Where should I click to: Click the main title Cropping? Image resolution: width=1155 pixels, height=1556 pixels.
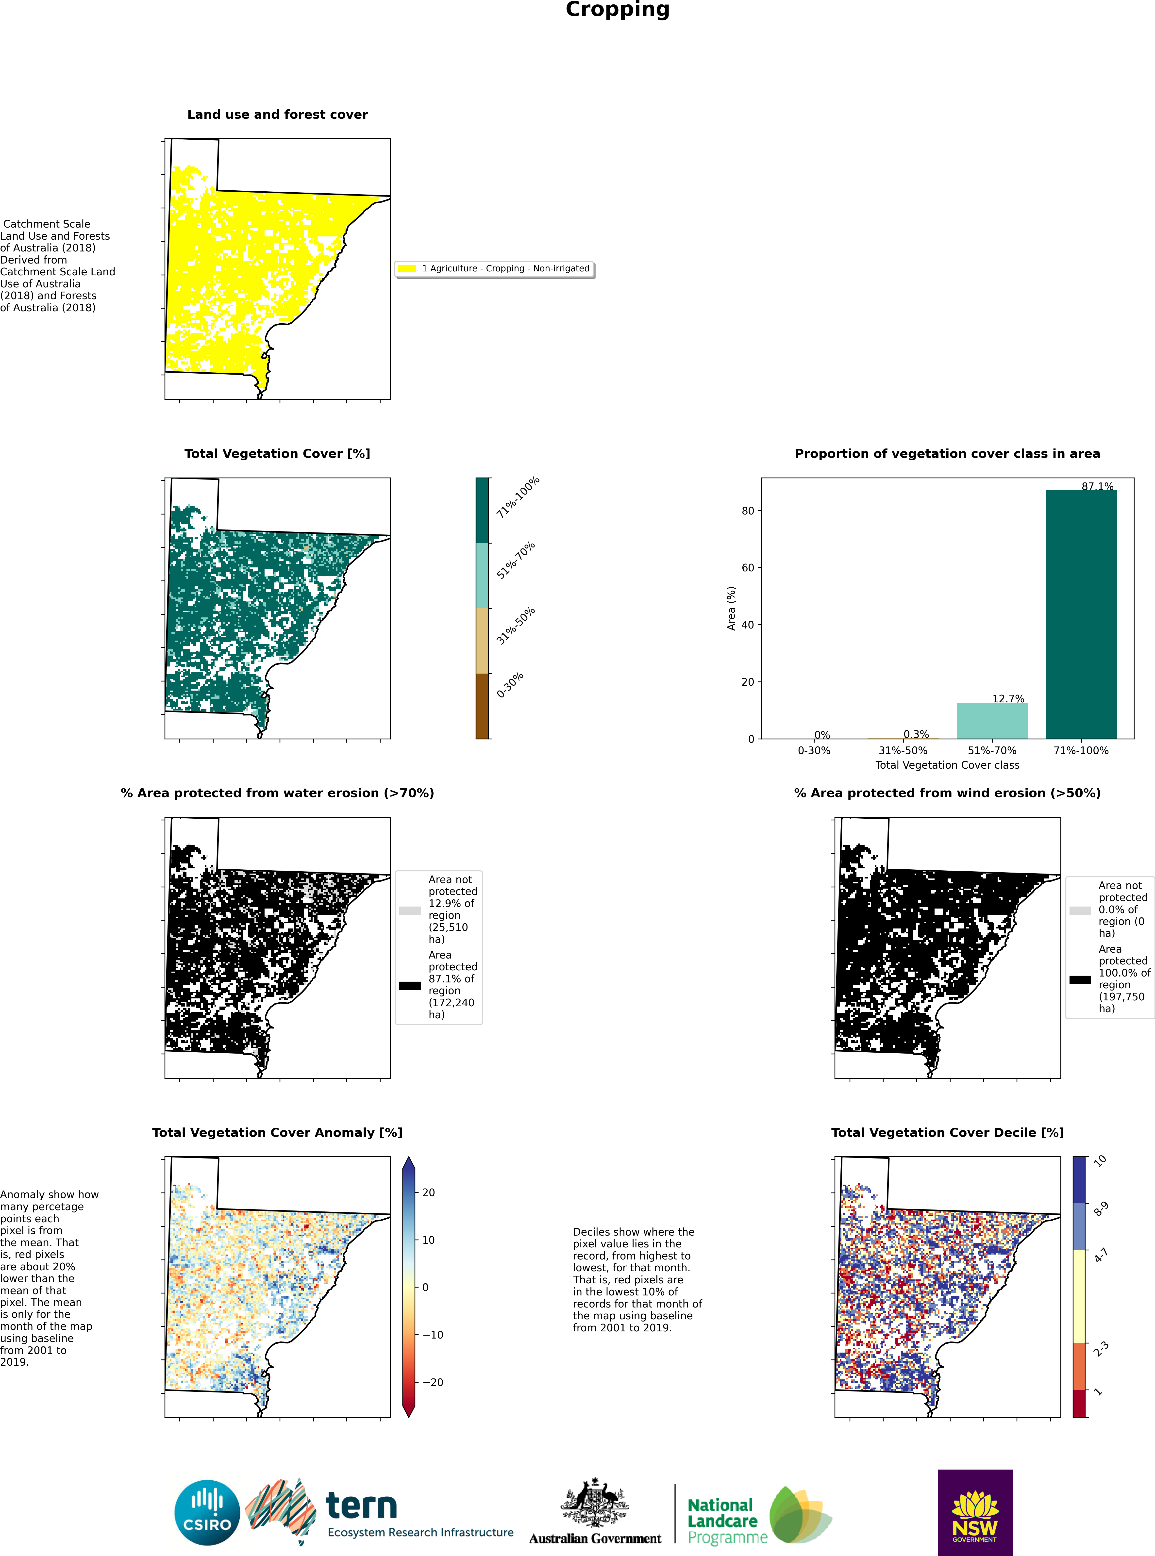617,10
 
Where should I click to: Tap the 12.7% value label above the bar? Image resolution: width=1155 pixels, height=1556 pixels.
1008,698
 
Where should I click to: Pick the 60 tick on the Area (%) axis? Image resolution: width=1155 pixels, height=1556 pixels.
748,568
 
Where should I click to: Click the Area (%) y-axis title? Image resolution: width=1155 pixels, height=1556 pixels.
731,608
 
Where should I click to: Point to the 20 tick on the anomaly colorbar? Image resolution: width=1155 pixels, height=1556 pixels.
429,1192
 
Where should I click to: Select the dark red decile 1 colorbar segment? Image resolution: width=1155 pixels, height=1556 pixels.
1079,1403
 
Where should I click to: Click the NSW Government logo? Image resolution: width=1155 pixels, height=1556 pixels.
975,1512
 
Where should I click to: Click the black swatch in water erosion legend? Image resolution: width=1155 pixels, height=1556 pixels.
410,986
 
